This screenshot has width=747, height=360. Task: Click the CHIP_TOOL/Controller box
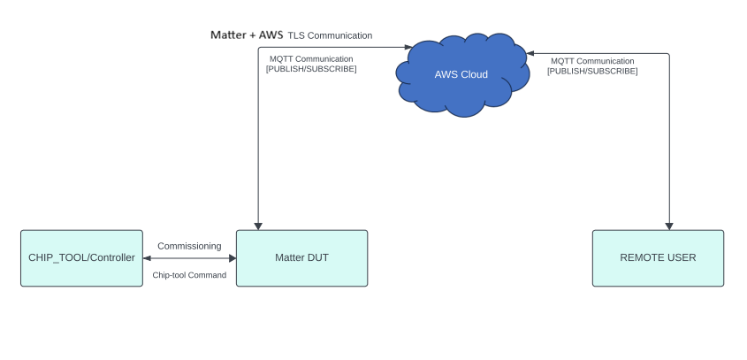[x=81, y=258]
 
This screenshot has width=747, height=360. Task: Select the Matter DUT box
[x=301, y=258]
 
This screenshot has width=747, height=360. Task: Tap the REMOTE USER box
[x=658, y=258]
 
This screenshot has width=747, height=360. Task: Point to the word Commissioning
[x=189, y=246]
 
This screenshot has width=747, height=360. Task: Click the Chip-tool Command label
[x=189, y=275]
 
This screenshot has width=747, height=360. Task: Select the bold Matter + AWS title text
[x=247, y=35]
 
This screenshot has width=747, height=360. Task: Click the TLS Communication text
[x=330, y=35]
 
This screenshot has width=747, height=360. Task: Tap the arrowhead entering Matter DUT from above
[x=257, y=225]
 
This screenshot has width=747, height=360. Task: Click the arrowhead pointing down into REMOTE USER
[x=669, y=225]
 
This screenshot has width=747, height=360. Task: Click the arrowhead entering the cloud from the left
[x=408, y=46]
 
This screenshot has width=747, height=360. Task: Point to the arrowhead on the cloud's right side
[x=530, y=53]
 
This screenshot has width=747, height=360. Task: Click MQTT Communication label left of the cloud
[x=310, y=59]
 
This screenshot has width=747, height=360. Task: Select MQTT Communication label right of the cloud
[x=591, y=61]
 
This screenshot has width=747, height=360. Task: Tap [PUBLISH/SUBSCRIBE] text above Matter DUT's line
[x=311, y=69]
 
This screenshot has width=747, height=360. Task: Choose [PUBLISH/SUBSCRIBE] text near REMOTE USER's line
[x=591, y=71]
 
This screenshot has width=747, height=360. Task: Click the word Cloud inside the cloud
[x=475, y=74]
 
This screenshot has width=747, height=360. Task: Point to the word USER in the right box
[x=680, y=258]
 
